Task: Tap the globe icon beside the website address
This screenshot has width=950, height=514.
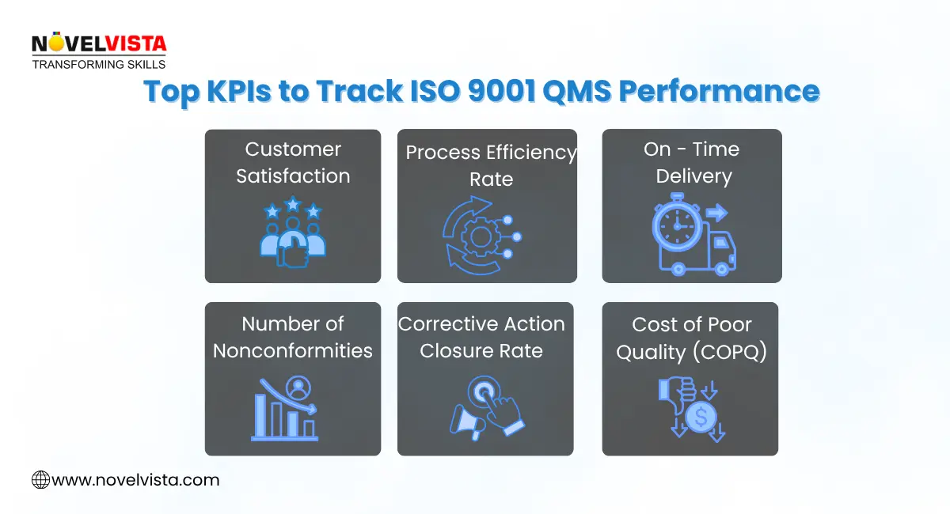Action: (x=40, y=479)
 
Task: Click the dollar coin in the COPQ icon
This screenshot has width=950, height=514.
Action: (x=701, y=417)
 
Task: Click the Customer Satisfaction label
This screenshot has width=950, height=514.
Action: (x=293, y=163)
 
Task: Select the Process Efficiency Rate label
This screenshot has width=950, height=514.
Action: (x=491, y=166)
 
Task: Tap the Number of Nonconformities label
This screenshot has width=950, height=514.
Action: (x=293, y=337)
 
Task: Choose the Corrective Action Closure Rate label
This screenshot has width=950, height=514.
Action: (x=481, y=337)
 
